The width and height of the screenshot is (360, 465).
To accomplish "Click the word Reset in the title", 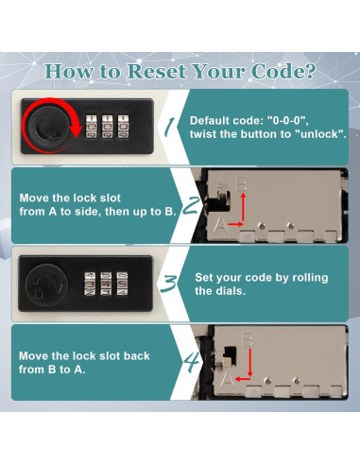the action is (157, 72).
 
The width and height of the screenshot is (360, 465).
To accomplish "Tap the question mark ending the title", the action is (308, 71).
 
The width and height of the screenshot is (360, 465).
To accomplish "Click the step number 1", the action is (170, 127).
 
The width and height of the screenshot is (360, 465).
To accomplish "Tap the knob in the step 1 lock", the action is (48, 126).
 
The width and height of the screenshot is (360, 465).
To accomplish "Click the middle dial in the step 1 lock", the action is (107, 127).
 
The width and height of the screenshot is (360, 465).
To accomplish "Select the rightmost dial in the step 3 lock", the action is (122, 284).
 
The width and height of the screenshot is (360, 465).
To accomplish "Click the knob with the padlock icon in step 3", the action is (46, 284).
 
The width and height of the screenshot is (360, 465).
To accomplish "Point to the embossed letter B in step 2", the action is (242, 184).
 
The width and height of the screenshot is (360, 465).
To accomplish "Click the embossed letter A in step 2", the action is (220, 224).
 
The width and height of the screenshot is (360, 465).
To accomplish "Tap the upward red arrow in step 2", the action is (243, 208).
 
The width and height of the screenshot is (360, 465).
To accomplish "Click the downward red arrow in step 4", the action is (250, 362).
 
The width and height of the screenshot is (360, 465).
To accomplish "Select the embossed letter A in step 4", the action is (227, 379).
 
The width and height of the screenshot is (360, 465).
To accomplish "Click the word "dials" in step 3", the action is (231, 290).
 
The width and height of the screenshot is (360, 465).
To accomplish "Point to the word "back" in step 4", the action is (136, 355).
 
